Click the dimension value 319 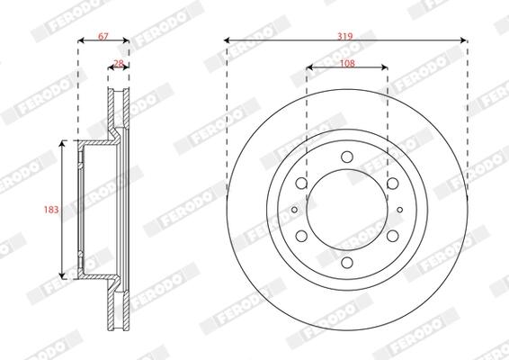point(344,36)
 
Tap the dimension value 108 point(347,63)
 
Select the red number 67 point(103,36)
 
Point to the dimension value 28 point(119,63)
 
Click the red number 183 point(51,210)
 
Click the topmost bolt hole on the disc point(347,157)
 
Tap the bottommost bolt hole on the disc point(347,262)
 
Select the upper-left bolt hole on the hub point(301,184)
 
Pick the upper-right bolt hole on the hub point(393,184)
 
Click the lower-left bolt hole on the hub point(301,236)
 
